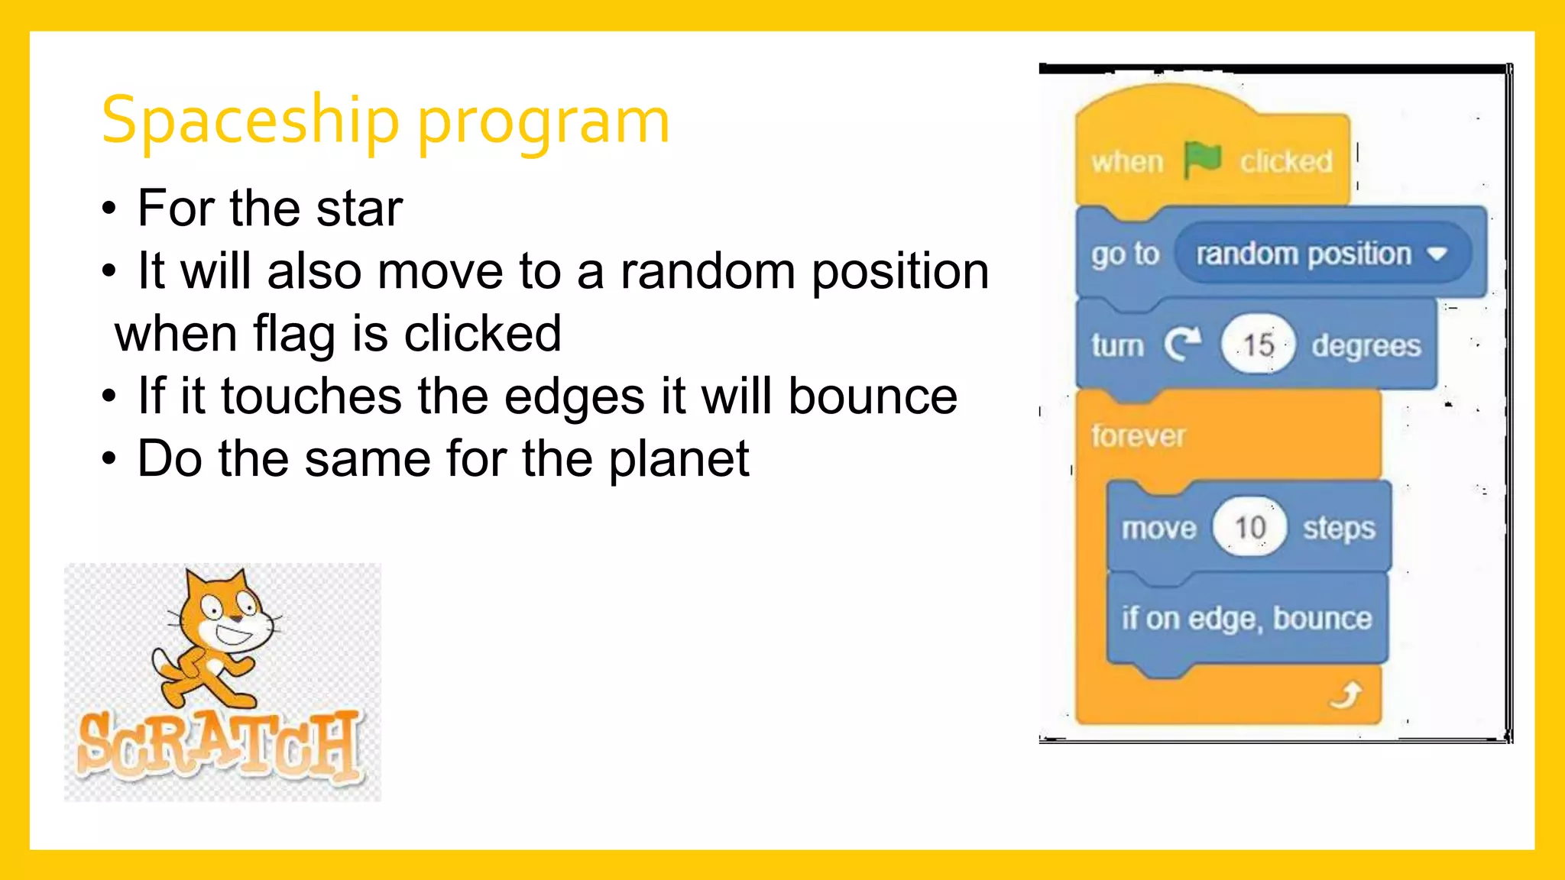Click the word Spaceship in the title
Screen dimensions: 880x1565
point(250,121)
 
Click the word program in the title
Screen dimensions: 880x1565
point(543,122)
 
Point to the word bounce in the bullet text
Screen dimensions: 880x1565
point(872,396)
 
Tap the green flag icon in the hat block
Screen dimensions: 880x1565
point(1201,160)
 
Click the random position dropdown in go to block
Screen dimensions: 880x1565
point(1322,254)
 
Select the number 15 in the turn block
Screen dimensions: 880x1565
point(1258,345)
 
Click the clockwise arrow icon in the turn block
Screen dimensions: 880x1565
point(1182,345)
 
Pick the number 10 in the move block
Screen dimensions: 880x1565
point(1249,527)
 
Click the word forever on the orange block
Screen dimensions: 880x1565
point(1138,436)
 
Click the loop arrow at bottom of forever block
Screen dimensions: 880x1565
point(1346,696)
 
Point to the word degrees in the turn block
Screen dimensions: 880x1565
point(1366,345)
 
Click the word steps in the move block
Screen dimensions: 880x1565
point(1339,528)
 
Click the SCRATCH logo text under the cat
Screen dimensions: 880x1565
point(220,745)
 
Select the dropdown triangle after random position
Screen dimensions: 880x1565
point(1437,254)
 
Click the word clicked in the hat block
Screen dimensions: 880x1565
point(1286,161)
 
